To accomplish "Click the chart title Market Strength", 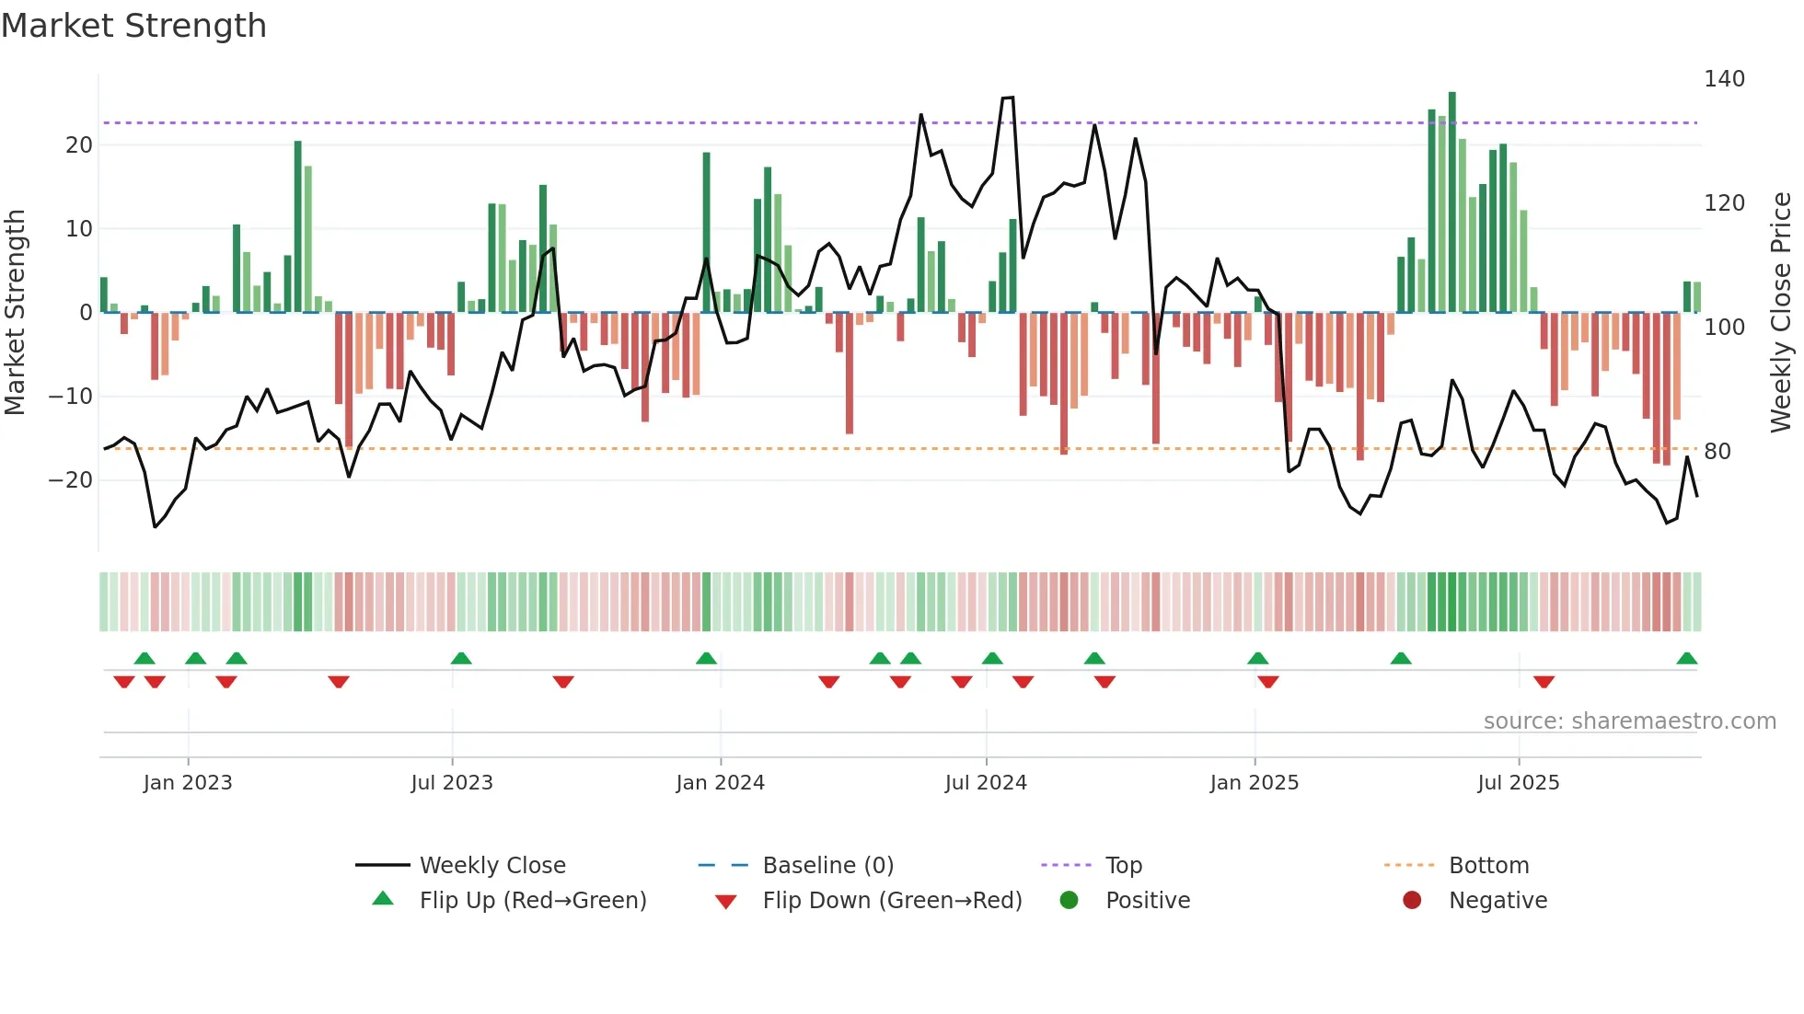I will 133,26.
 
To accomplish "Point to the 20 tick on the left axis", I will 79,145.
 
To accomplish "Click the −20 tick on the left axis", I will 71,480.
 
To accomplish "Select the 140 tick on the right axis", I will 1724,79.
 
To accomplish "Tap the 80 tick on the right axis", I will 1717,452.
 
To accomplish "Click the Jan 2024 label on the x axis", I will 720,783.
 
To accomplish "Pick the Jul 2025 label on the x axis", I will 1518,783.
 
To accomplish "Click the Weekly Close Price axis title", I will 1781,313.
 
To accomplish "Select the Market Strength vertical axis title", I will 15,313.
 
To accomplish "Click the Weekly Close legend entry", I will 492,866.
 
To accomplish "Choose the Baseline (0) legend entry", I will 827,866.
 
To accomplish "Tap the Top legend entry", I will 1123,866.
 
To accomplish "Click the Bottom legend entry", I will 1488,866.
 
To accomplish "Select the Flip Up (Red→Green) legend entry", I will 533,901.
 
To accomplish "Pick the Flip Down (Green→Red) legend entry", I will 892,901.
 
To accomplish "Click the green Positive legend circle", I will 1069,901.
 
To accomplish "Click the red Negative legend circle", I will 1412,901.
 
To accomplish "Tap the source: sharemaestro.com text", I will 1629,721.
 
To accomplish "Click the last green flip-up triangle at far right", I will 1686,659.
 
